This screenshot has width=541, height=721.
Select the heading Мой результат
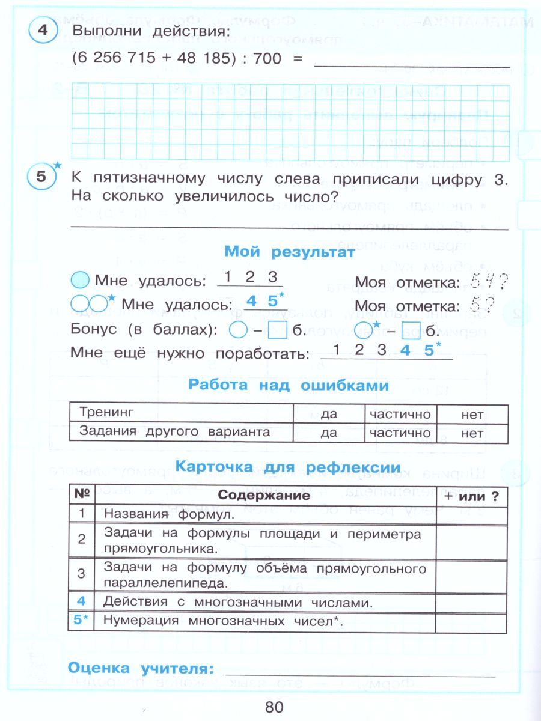[x=290, y=253]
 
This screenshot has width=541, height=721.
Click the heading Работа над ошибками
[x=289, y=385]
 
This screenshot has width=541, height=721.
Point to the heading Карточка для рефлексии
[x=287, y=467]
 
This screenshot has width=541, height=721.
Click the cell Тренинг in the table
[x=106, y=413]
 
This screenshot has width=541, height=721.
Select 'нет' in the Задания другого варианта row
[x=472, y=433]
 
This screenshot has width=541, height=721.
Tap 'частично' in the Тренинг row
[x=400, y=414]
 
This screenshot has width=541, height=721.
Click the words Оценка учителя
[x=141, y=668]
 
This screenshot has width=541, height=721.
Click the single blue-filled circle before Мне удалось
[x=80, y=280]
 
